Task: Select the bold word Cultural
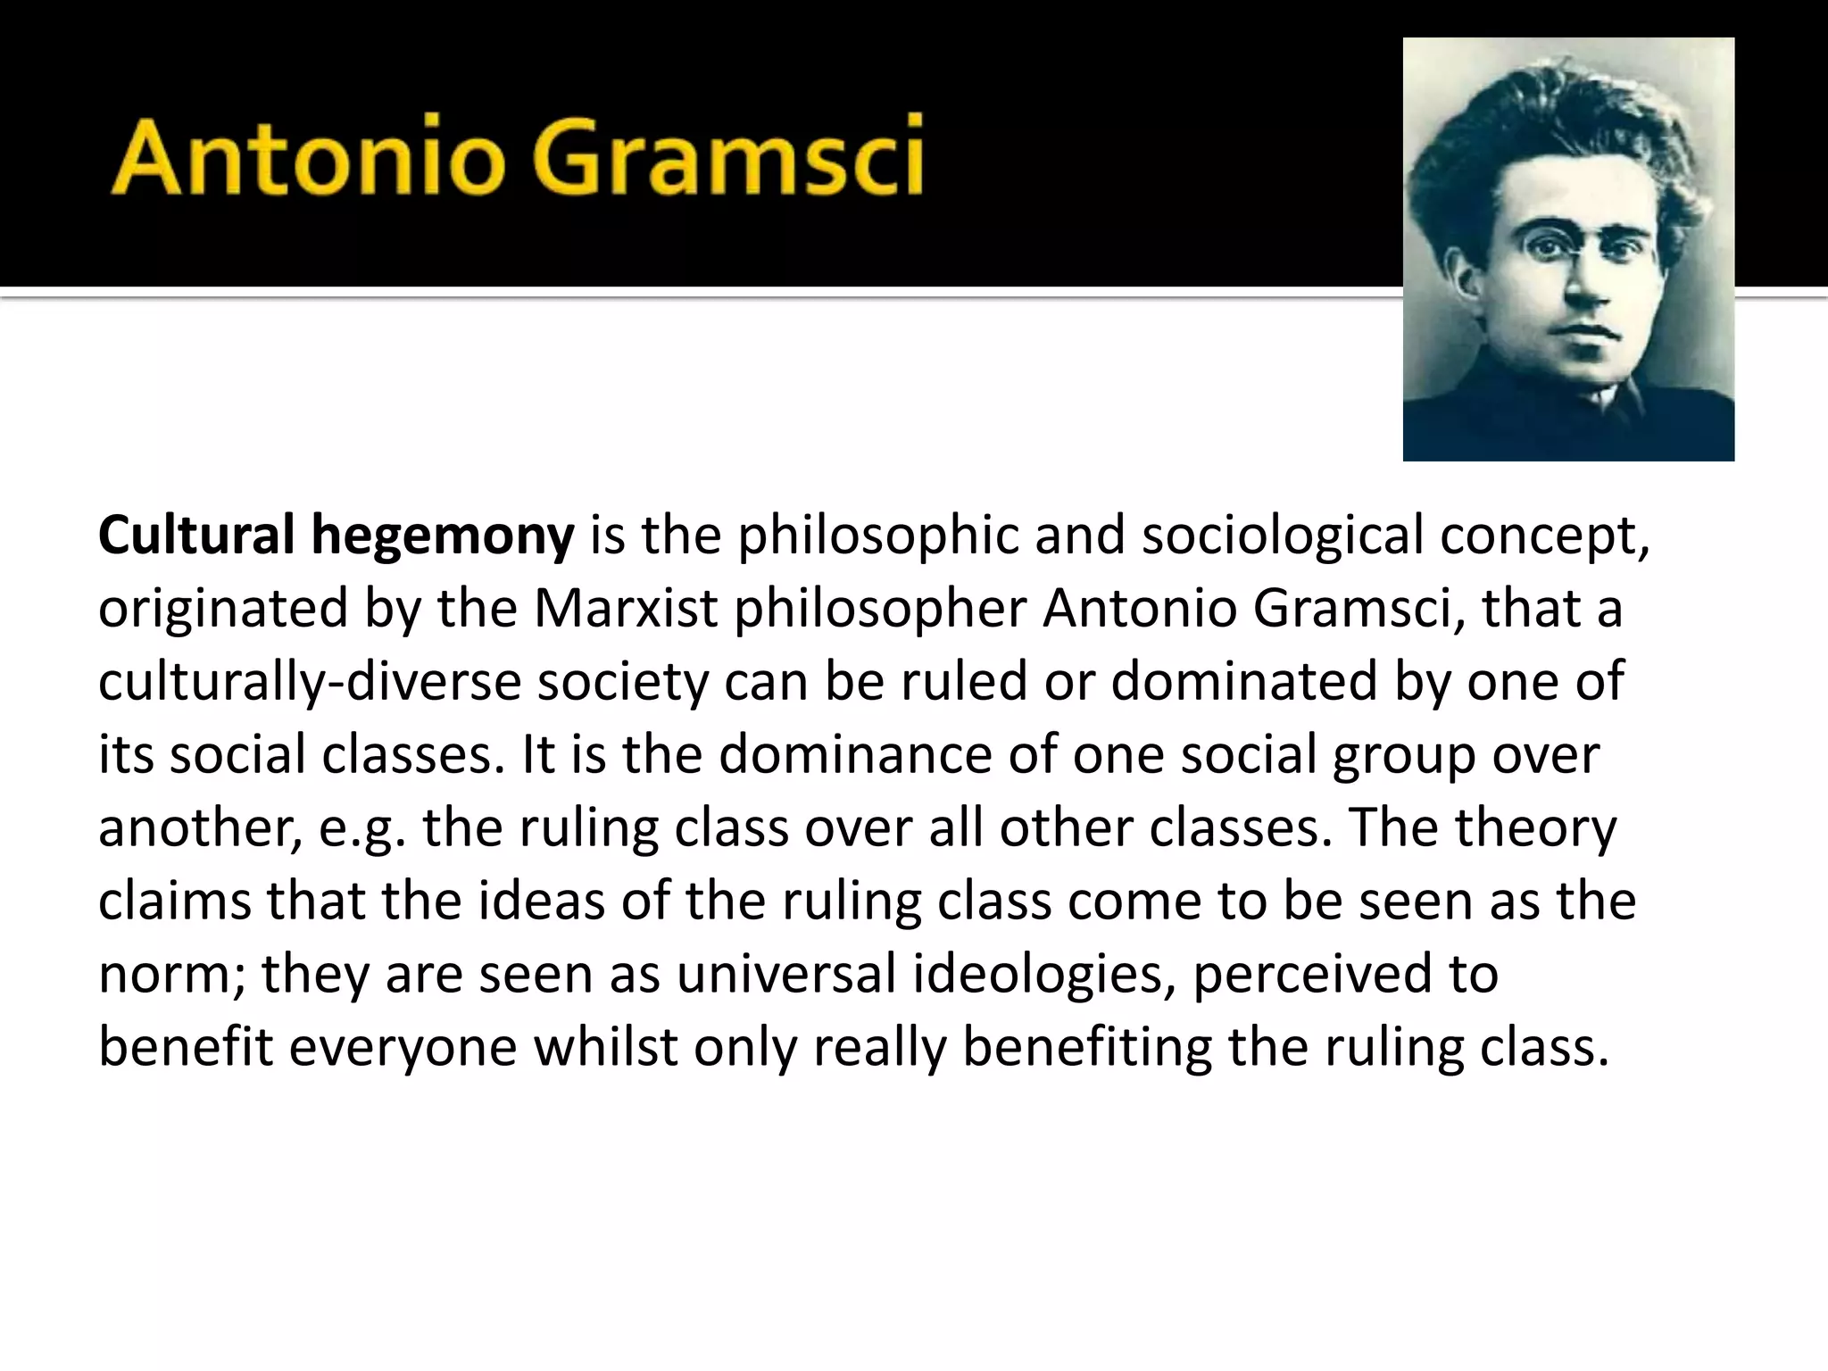pos(195,536)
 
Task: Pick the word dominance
pos(854,755)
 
